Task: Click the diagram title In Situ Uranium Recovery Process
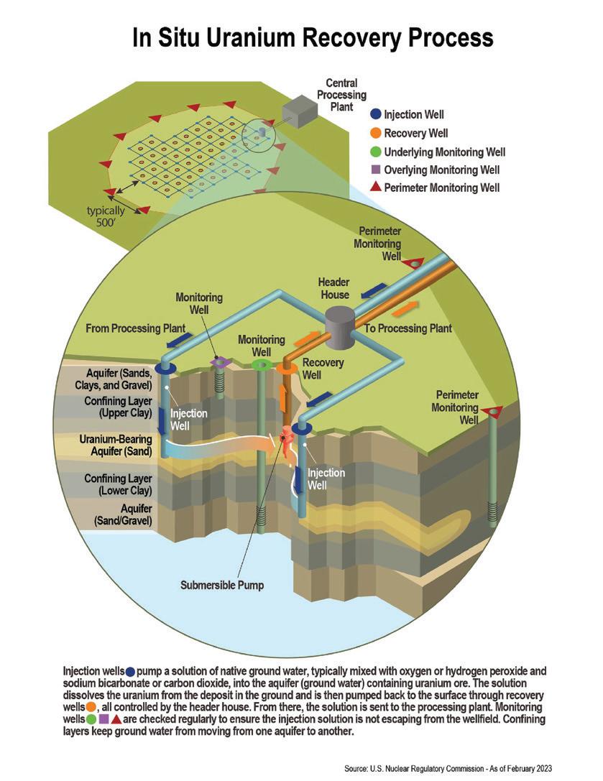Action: [313, 37]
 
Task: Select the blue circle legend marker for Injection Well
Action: [375, 114]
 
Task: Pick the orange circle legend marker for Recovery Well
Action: [375, 133]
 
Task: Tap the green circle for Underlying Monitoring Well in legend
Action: [375, 152]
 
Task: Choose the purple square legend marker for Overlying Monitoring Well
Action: [375, 170]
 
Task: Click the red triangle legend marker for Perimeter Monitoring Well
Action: [375, 188]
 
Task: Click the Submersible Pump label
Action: [222, 585]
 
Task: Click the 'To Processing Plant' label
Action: [408, 329]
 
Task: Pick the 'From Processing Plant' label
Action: [135, 328]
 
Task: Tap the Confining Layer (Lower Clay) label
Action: [118, 484]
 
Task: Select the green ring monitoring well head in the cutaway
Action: [261, 365]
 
